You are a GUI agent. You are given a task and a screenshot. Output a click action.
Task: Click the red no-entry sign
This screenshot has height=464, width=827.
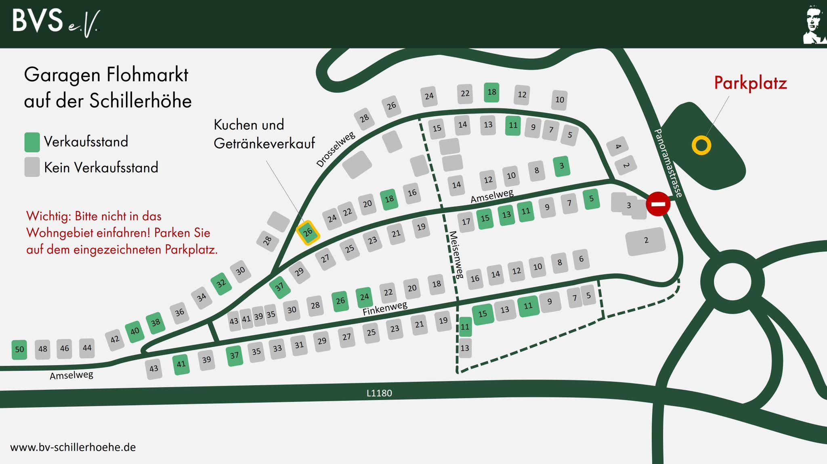(x=658, y=204)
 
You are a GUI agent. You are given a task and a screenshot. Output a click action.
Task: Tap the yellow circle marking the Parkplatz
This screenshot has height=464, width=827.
(x=701, y=145)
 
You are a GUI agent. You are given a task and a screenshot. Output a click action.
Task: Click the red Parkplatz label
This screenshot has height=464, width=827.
(x=750, y=83)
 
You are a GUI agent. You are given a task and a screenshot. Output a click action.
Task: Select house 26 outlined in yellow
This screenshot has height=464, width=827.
(x=308, y=232)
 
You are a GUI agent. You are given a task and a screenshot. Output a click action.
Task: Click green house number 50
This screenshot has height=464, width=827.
(x=19, y=349)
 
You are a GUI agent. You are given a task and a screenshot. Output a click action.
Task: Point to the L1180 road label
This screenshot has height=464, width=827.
(x=379, y=393)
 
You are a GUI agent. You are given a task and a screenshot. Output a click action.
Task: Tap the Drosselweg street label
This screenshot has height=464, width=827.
(x=335, y=149)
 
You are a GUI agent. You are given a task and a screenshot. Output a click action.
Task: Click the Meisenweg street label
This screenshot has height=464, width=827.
(x=457, y=255)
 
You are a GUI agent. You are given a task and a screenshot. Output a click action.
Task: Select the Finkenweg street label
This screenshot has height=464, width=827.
(x=384, y=309)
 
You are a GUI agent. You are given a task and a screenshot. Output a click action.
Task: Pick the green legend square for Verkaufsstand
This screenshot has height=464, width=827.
(x=32, y=142)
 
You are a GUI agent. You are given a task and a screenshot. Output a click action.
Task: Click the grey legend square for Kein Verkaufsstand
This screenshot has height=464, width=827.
(x=32, y=167)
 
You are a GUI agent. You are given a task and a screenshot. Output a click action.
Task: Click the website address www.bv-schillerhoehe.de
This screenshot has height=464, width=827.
(x=73, y=447)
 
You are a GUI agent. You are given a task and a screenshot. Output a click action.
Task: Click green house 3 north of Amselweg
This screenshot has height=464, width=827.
(x=561, y=166)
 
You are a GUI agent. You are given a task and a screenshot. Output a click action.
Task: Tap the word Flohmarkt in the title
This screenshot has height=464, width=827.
(x=147, y=75)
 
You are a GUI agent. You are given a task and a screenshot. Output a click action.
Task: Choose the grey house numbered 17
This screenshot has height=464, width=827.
(x=466, y=222)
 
